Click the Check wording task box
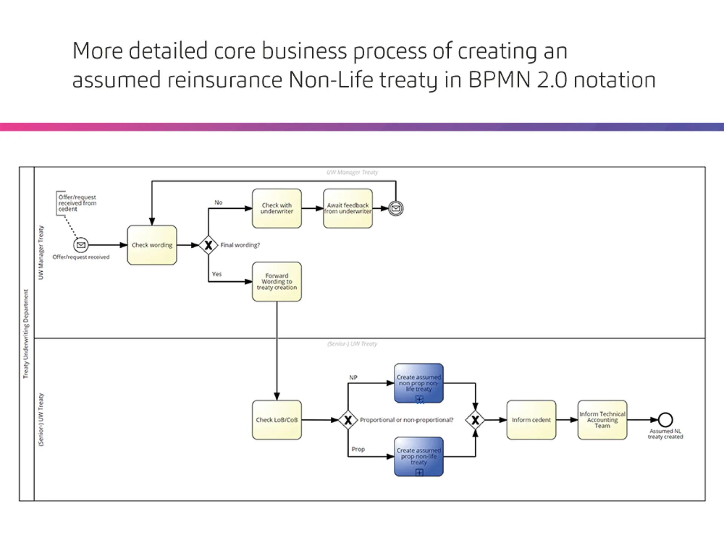(152, 245)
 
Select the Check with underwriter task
(277, 208)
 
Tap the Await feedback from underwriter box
(348, 208)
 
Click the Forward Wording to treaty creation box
(277, 282)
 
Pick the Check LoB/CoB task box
(277, 420)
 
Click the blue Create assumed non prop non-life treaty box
(419, 383)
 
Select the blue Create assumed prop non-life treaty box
(419, 457)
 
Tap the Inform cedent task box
(531, 420)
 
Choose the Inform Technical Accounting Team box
(602, 420)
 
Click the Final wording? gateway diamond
(208, 245)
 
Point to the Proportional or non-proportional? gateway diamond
(348, 420)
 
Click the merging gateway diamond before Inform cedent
(475, 420)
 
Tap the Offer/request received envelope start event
(81, 245)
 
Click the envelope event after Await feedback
(396, 208)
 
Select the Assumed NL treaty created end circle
(666, 420)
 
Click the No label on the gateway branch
(218, 203)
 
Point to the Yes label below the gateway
(217, 274)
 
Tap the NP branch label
(353, 377)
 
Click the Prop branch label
(358, 449)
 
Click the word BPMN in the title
(499, 80)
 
